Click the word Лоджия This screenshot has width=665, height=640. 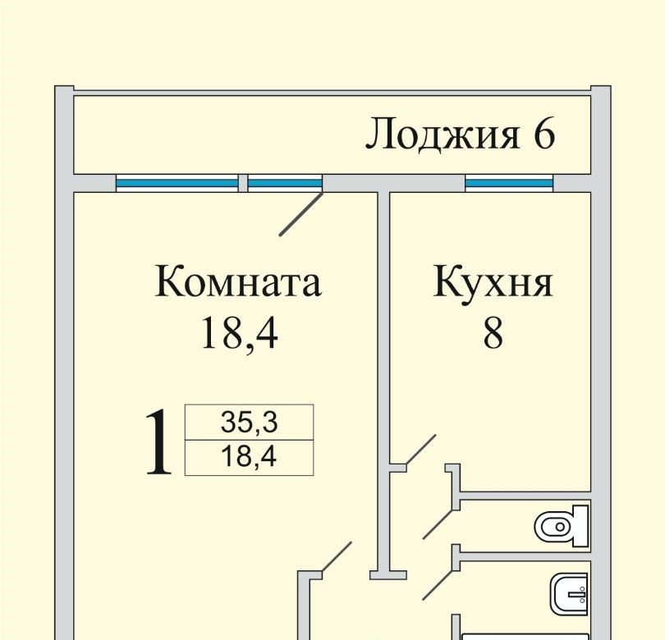443,135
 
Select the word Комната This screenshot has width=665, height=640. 238,283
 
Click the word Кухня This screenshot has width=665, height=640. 493,283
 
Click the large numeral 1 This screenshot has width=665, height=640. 159,443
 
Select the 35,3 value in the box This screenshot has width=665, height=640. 250,423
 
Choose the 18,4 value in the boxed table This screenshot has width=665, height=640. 250,457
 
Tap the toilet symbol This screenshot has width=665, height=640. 563,525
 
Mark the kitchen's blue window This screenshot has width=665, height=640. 509,183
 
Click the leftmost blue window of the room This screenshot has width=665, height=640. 177,183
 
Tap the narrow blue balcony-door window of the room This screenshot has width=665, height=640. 284,183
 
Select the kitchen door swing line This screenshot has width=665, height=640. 421,452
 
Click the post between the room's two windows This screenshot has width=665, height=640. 243,183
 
